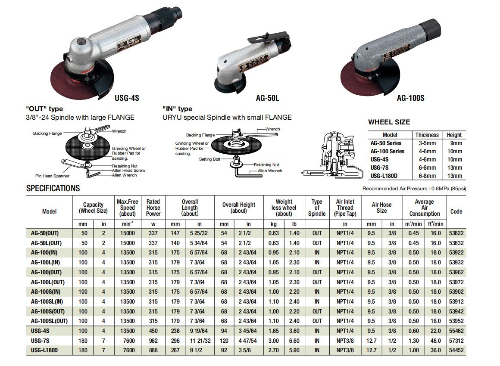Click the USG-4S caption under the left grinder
pos(127,98)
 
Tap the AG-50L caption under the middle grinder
pos(268,98)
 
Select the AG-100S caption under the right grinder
pos(410,98)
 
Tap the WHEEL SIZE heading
pos(389,122)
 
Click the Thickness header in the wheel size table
pos(427,135)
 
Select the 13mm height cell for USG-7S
pos(454,167)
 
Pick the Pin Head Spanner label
pos(52,176)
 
